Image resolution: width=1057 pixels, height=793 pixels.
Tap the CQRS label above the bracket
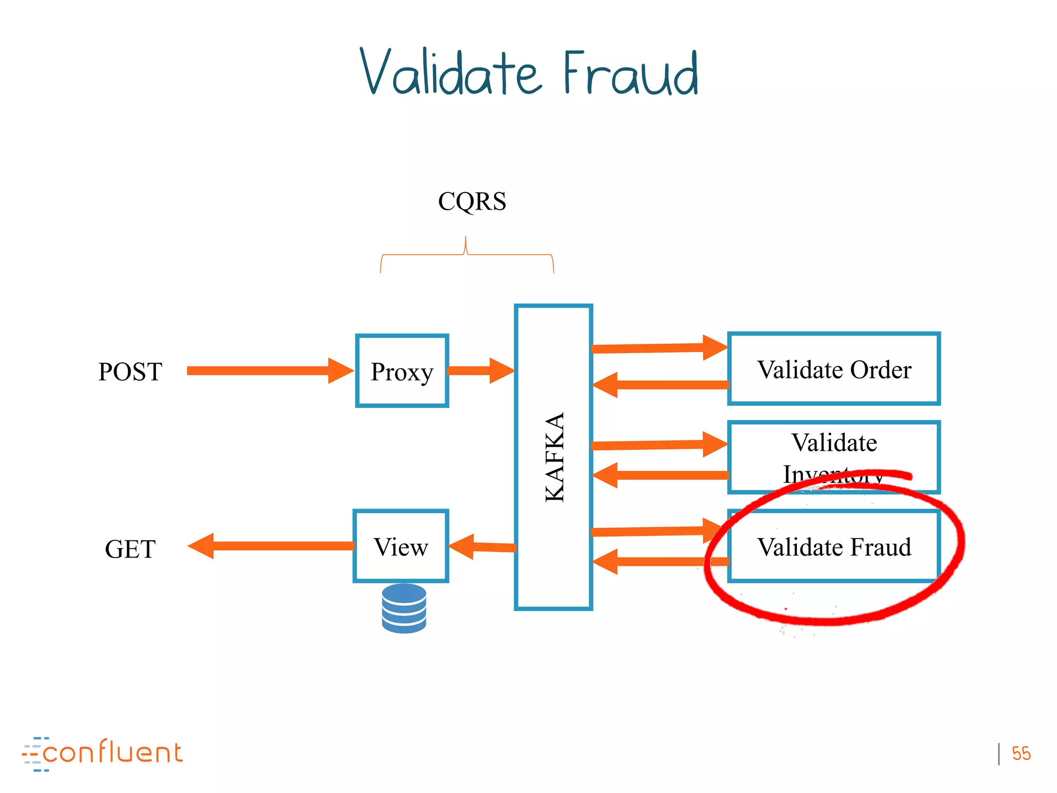tap(472, 201)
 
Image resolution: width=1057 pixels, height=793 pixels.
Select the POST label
tap(130, 372)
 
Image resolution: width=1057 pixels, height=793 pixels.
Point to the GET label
tap(130, 549)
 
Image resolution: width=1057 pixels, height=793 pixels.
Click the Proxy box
tap(402, 371)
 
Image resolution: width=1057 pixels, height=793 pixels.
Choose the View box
tap(401, 547)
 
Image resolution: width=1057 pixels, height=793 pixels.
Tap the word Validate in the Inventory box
tap(834, 442)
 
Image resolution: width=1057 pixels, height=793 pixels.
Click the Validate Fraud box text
tap(834, 547)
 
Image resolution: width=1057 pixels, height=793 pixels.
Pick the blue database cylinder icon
tap(404, 608)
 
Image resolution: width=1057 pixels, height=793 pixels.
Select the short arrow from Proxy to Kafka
tap(480, 371)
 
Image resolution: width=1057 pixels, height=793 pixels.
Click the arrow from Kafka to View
tap(483, 546)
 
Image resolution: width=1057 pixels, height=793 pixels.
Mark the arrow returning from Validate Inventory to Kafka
tap(661, 475)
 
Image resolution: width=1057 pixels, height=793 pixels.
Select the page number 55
tap(1021, 754)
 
